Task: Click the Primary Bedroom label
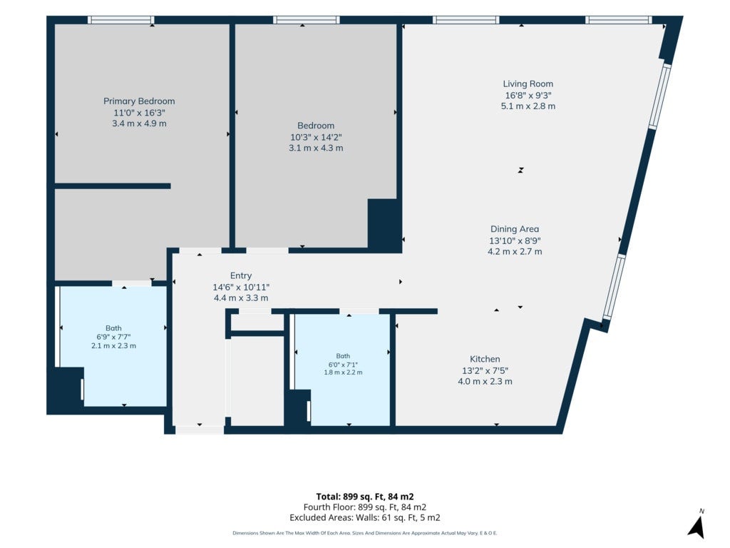click(139, 101)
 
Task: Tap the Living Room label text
click(528, 84)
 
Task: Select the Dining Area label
click(515, 229)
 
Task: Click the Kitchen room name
click(485, 359)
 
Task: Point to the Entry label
click(241, 275)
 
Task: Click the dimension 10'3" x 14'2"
click(316, 137)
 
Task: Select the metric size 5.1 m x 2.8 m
click(528, 106)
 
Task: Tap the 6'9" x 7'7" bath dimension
click(113, 337)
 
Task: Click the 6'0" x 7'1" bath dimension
click(343, 365)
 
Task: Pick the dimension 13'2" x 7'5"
click(485, 370)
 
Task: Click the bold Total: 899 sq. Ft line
click(364, 497)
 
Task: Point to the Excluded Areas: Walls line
click(364, 518)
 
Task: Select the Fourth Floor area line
click(364, 507)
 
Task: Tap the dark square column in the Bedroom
click(384, 225)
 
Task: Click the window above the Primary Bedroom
click(121, 20)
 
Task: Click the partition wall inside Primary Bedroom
click(113, 186)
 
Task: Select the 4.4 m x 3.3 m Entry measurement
click(241, 298)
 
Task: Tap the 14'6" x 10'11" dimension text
click(241, 287)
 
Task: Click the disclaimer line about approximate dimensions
click(364, 533)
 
